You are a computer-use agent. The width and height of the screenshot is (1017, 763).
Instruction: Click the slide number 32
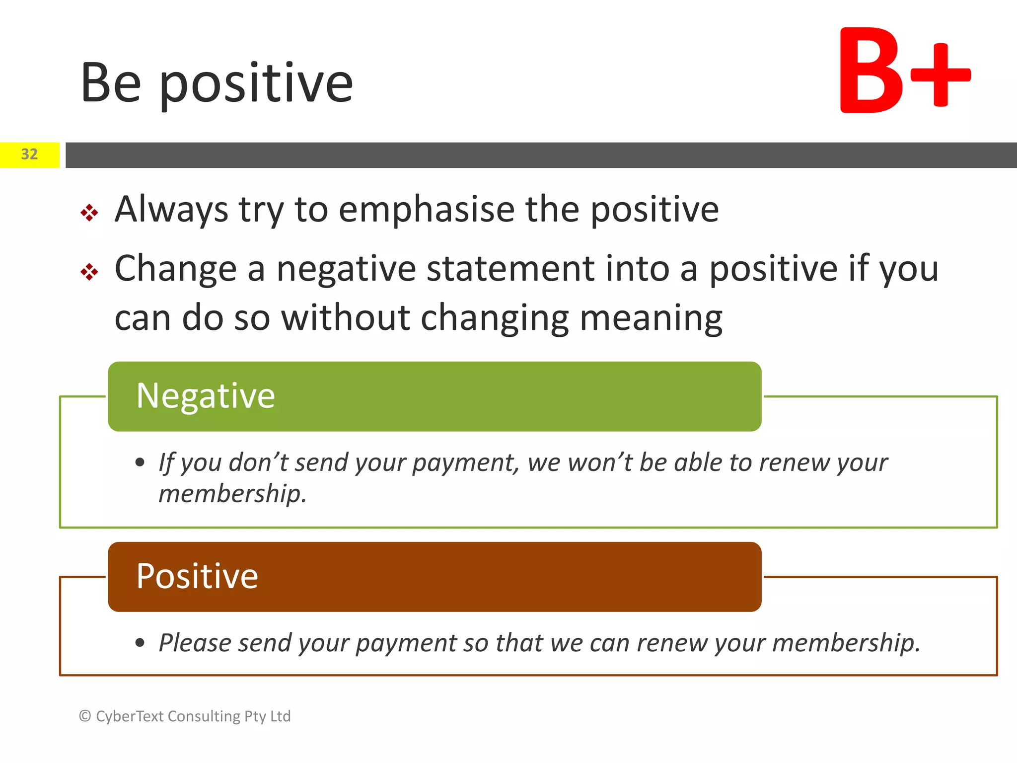29,154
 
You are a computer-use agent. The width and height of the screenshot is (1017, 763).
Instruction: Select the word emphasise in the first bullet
427,209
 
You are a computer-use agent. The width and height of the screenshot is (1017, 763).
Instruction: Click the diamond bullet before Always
89,213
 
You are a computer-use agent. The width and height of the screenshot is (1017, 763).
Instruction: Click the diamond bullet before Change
89,272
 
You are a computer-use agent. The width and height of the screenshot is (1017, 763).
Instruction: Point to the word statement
510,269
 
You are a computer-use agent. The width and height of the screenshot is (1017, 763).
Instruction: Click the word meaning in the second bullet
651,318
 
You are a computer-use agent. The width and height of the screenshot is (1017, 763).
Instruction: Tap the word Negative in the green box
206,396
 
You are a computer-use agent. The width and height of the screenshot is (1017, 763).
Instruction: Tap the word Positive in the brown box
197,577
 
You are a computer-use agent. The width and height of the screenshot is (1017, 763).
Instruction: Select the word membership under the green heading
232,494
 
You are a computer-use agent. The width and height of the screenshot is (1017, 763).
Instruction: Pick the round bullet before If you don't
140,463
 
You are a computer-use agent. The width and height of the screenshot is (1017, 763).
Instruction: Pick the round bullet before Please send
140,643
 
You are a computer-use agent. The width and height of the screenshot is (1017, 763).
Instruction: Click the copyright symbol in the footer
85,716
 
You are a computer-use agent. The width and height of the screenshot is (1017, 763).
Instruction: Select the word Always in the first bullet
171,209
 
